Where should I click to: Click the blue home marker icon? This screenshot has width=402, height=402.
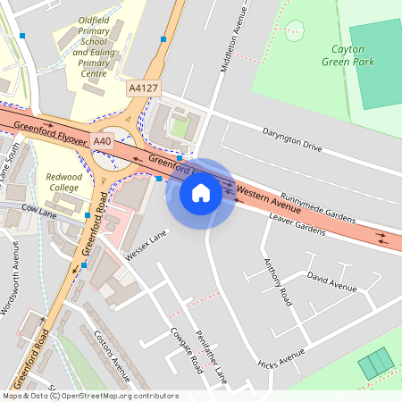[x=201, y=193]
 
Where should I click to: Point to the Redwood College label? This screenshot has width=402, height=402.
[x=63, y=182]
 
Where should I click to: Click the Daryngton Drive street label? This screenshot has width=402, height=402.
[x=291, y=138]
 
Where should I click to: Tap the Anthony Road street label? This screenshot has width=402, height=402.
[x=278, y=282]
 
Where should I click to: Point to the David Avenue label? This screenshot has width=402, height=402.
[x=331, y=283]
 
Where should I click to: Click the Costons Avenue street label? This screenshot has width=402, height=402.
[x=112, y=353]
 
